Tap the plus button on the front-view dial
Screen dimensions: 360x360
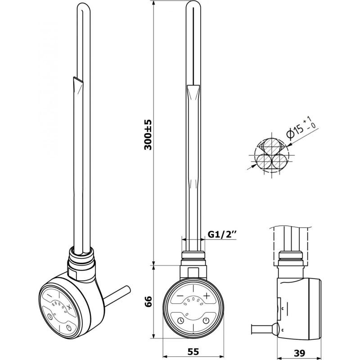(206, 296)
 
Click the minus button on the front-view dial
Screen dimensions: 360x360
(180, 296)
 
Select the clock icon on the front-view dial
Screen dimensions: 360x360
(180, 321)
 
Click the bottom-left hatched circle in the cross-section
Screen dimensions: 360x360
(264, 160)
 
